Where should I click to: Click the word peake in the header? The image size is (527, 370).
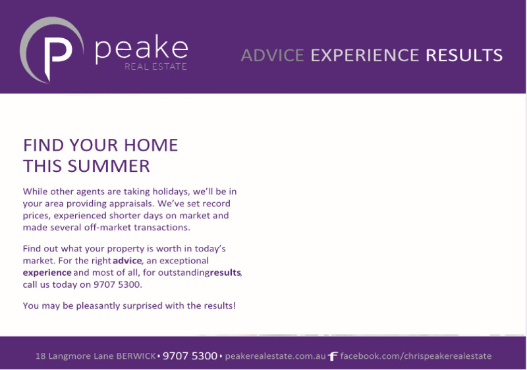tap(142, 49)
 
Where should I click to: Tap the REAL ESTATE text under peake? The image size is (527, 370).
tap(155, 66)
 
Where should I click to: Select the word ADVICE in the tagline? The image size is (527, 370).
tap(273, 55)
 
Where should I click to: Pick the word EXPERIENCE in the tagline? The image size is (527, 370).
tap(365, 55)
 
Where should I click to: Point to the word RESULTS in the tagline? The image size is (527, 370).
tap(464, 55)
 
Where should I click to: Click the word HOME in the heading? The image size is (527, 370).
tap(151, 145)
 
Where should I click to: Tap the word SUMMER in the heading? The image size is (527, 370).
tap(109, 166)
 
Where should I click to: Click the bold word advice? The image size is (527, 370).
tap(127, 261)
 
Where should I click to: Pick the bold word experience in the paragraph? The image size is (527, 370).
tap(47, 273)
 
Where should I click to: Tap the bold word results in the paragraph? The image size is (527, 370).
tap(225, 273)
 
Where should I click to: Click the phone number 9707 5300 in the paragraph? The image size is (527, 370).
tap(117, 284)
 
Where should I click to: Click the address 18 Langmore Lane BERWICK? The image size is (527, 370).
tap(96, 356)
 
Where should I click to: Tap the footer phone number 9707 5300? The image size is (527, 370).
tap(190, 356)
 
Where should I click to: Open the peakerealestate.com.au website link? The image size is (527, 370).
tap(275, 356)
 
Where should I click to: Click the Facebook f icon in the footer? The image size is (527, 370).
tap(333, 356)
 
